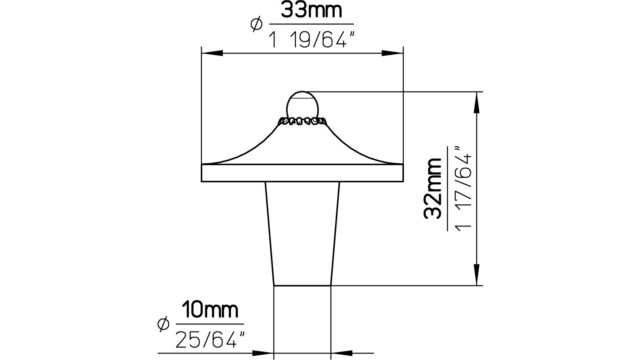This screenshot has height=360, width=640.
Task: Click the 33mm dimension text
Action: coord(311,10)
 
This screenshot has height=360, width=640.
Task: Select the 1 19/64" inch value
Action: coord(310,40)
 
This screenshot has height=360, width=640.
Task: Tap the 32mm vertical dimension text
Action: coord(433,188)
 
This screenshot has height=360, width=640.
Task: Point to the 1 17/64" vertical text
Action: coord(463,189)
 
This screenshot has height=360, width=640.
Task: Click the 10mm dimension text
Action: coord(210,310)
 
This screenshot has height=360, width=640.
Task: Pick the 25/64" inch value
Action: coord(209,340)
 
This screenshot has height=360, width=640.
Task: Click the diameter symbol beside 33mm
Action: coord(256,24)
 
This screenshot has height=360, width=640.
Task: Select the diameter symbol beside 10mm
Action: coord(163,324)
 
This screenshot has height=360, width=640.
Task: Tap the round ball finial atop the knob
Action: coord(302,104)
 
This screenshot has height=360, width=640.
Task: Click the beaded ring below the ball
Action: coord(302,121)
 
